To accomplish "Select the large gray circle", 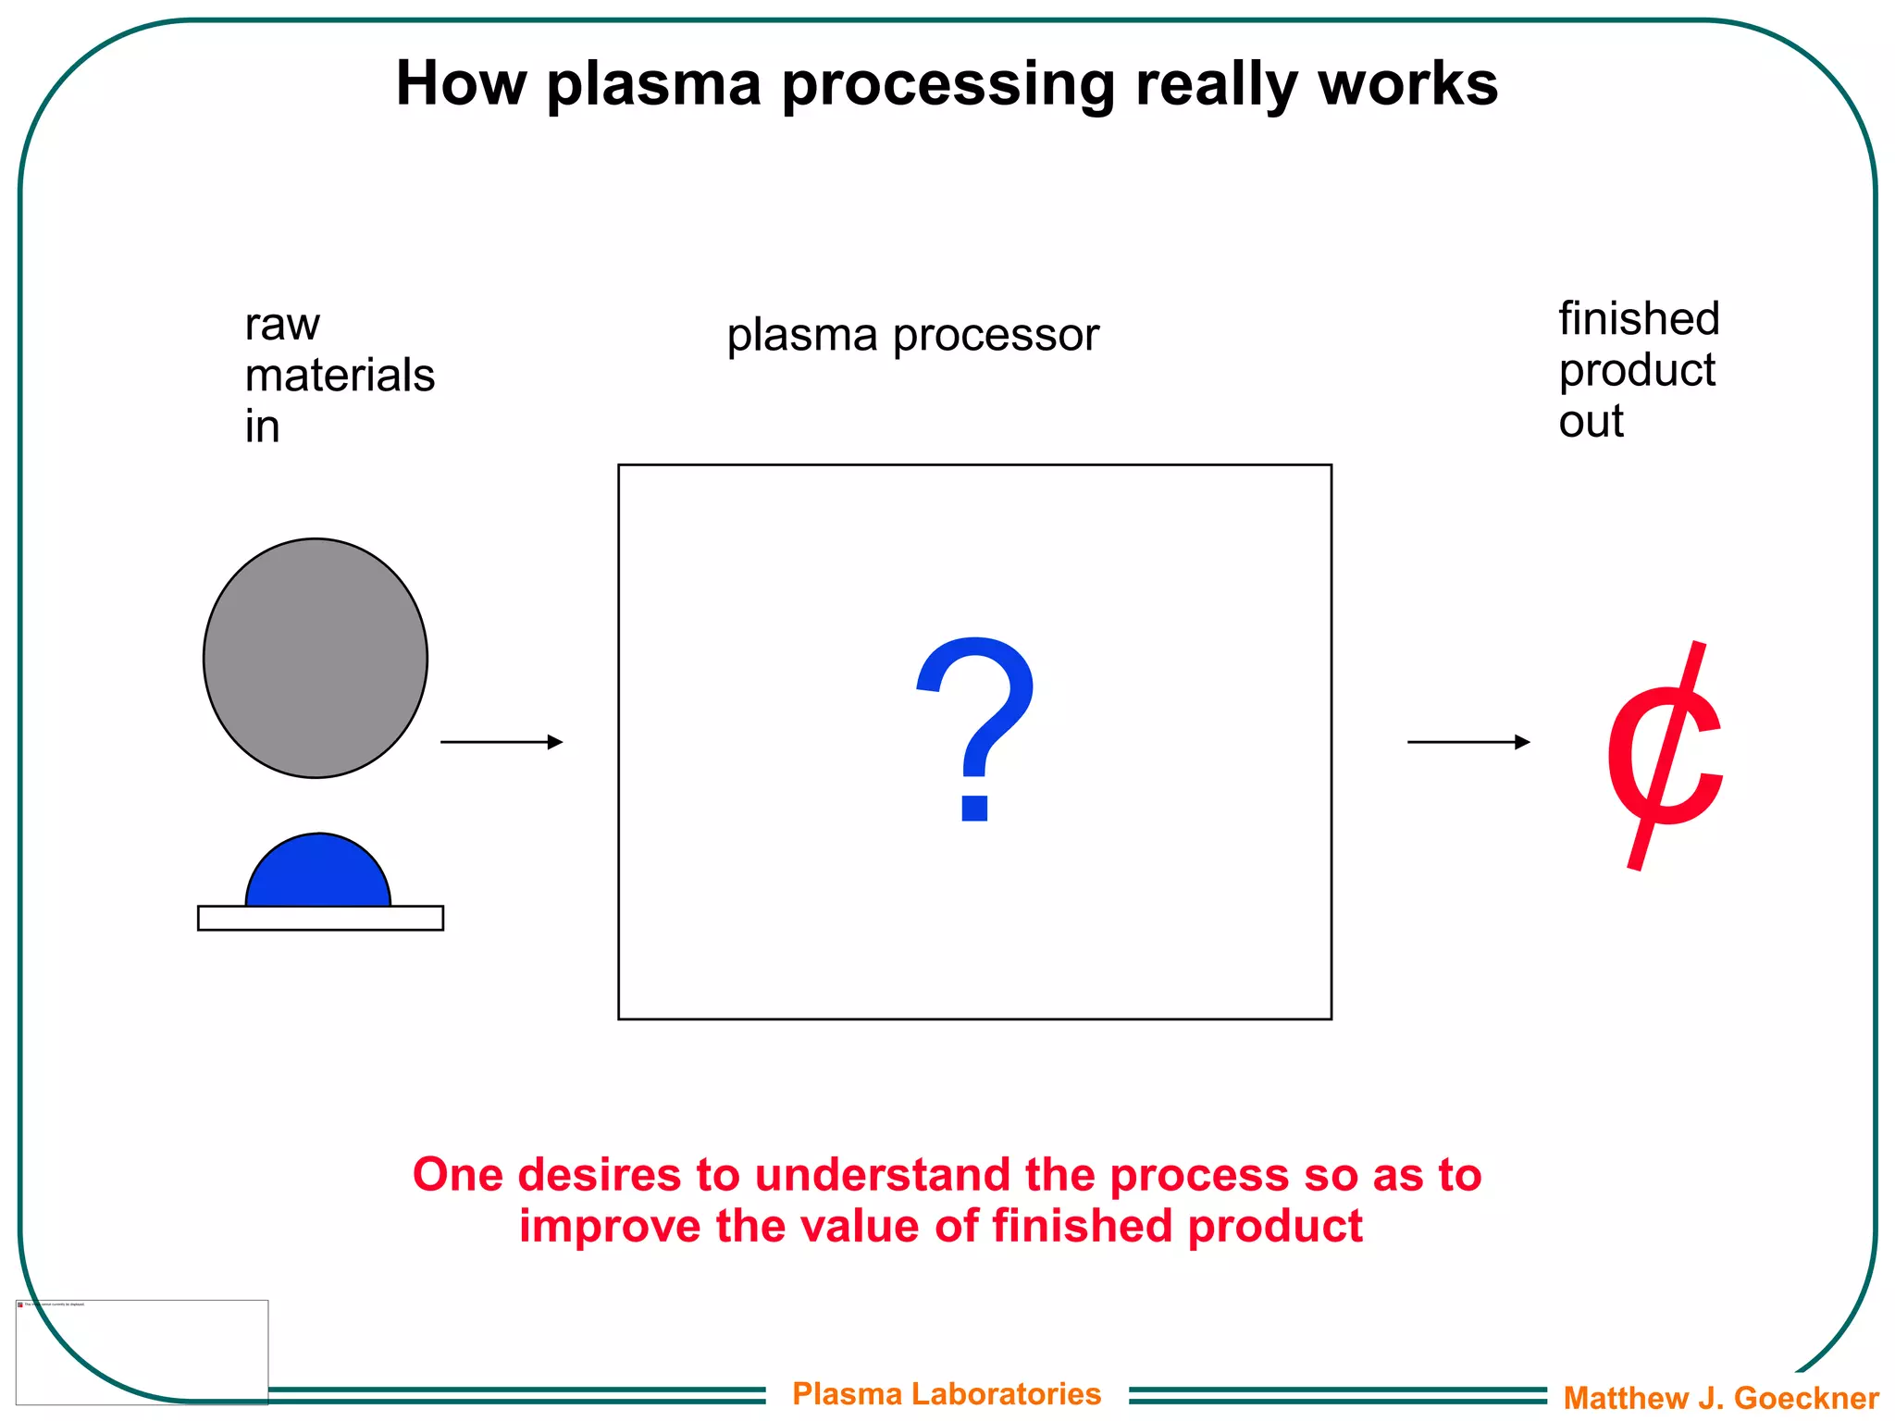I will [316, 658].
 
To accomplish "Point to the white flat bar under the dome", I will [320, 918].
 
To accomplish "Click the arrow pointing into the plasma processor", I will [502, 742].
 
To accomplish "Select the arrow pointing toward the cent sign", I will [1468, 742].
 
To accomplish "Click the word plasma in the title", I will [653, 85].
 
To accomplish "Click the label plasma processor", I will [912, 335].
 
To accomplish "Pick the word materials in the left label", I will [340, 376].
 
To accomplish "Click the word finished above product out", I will [1639, 319].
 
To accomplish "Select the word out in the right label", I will [1591, 422].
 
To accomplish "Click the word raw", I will [282, 326].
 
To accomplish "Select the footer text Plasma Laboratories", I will [947, 1393].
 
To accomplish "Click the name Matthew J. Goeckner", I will [1721, 1397].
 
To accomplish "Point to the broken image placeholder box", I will [142, 1352].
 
